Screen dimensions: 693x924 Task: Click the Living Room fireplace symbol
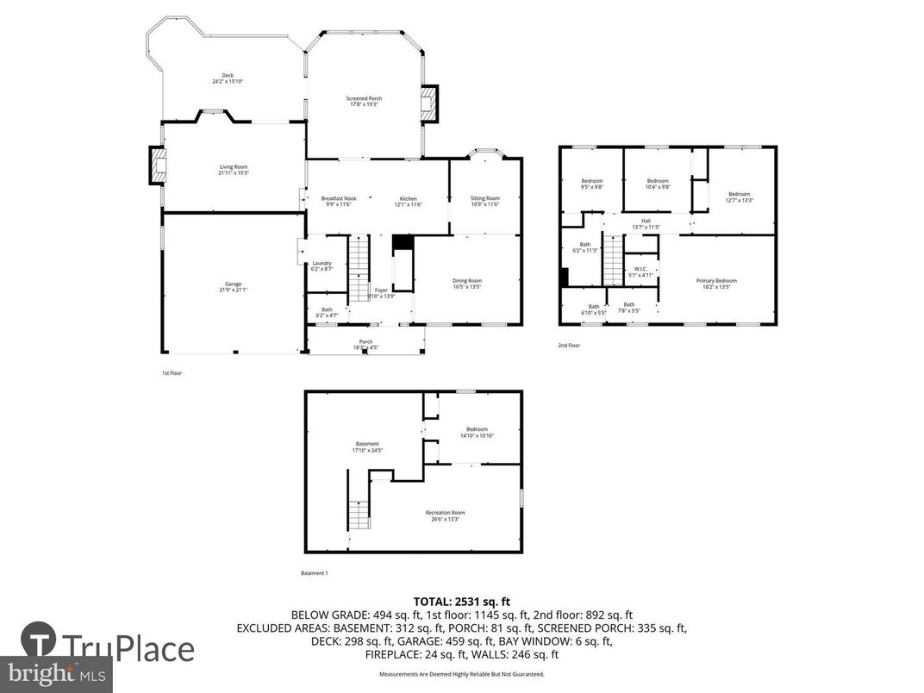(158, 165)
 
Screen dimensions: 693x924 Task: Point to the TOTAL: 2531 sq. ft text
(462, 601)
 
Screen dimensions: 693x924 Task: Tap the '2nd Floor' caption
(569, 346)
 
